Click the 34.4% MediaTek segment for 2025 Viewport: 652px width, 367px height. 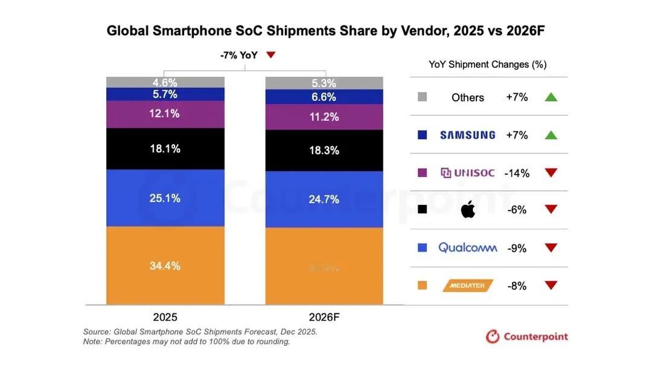[x=165, y=265]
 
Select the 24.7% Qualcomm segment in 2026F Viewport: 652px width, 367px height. [x=324, y=199]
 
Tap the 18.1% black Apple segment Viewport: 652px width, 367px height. [x=165, y=148]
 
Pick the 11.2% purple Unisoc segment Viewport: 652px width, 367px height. [x=324, y=117]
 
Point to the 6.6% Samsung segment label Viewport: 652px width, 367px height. [x=324, y=97]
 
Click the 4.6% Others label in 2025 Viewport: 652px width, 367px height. [x=165, y=82]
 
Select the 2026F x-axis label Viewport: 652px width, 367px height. [x=324, y=317]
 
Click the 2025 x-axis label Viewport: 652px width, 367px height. [x=165, y=317]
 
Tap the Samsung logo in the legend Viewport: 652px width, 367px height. [x=467, y=135]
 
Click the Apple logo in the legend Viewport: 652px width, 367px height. [x=468, y=209]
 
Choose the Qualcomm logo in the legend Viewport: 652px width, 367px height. [x=468, y=247]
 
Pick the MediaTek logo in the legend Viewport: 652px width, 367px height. [x=468, y=285]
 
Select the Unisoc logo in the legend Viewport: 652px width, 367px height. [x=468, y=173]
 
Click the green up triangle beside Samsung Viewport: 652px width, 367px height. [x=551, y=135]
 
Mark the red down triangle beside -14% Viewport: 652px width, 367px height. [x=551, y=173]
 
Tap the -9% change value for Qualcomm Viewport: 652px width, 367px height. [x=517, y=248]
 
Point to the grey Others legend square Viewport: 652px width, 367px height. [x=423, y=97]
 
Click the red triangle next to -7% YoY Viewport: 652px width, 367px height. [x=271, y=55]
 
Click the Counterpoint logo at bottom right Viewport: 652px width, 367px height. [x=527, y=336]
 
